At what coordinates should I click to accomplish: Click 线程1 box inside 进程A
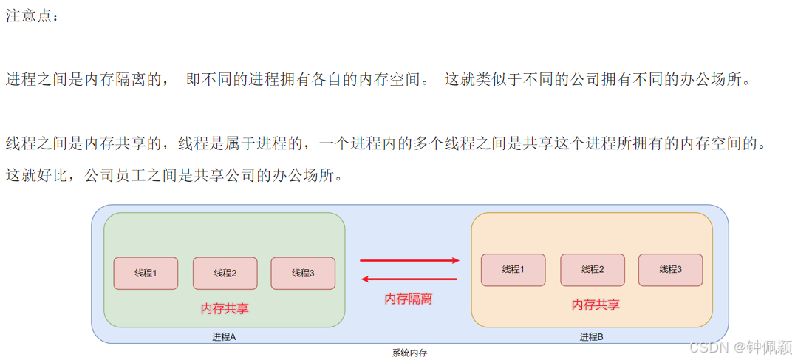(146, 273)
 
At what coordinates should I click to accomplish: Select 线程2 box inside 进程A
(225, 273)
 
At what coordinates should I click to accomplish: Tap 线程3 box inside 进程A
(303, 273)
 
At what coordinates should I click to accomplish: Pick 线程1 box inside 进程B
(513, 270)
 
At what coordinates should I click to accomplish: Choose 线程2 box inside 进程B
(593, 270)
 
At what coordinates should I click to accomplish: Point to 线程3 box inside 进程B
(670, 270)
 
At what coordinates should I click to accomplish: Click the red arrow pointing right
(409, 260)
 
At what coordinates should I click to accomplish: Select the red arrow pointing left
(409, 279)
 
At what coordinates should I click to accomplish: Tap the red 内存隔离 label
(409, 299)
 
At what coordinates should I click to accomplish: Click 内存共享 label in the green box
(225, 308)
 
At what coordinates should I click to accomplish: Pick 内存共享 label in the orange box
(596, 305)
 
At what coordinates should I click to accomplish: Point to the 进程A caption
(224, 336)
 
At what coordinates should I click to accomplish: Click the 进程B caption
(591, 336)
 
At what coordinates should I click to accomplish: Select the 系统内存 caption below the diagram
(409, 353)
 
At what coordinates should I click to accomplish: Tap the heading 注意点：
(31, 16)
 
